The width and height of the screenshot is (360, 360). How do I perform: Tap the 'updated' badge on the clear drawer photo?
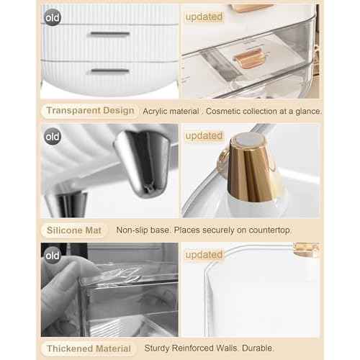tap(204, 16)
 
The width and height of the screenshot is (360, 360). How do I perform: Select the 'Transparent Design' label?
tap(91, 111)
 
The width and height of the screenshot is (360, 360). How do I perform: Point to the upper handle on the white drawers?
tap(109, 34)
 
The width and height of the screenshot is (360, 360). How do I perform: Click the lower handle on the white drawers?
tap(109, 71)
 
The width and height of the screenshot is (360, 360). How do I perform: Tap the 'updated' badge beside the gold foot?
tap(204, 135)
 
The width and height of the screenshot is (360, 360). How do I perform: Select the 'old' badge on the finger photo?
tap(52, 255)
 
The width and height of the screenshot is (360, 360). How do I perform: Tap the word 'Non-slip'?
tap(134, 230)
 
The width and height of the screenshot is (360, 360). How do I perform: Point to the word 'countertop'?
tap(267, 230)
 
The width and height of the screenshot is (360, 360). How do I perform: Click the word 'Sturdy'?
tap(159, 348)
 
